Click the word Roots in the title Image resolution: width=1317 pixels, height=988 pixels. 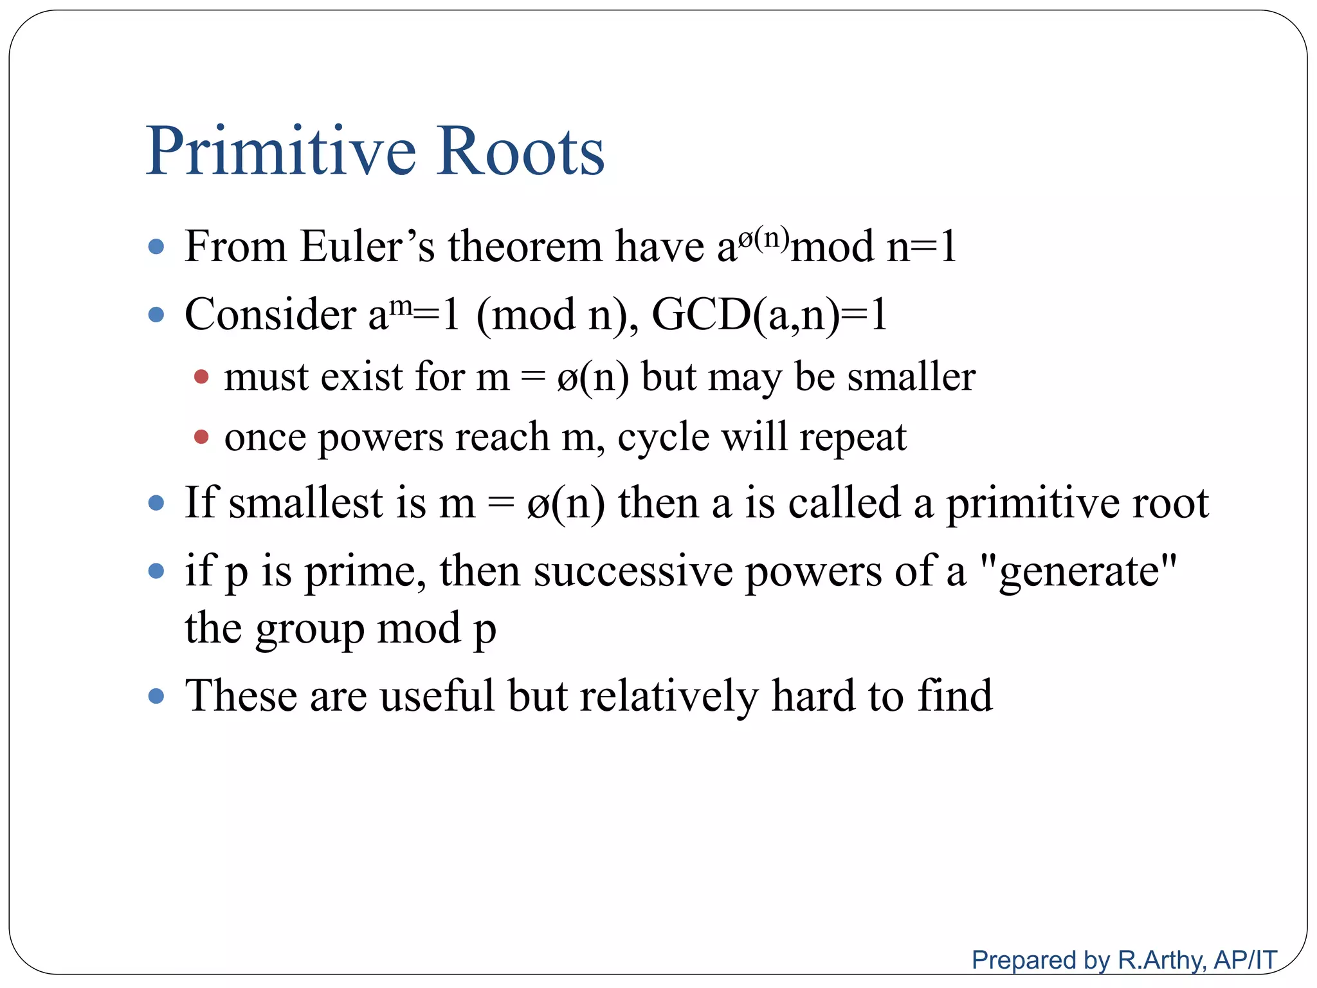[x=520, y=152]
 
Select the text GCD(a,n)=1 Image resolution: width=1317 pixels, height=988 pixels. [x=769, y=315]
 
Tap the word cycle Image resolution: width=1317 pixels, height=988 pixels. [x=663, y=437]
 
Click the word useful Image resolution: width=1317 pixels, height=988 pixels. [x=437, y=696]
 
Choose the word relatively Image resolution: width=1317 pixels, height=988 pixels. [x=669, y=696]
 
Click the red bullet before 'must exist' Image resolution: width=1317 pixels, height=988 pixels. [x=201, y=377]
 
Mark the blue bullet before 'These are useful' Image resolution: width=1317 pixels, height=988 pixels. [x=156, y=696]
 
